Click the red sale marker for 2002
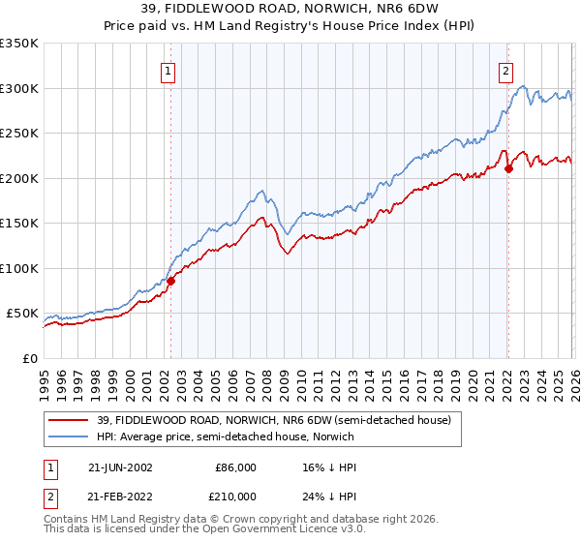coord(171,281)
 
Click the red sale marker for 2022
coord(508,168)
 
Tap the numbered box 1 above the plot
coord(168,70)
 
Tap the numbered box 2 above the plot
coord(505,70)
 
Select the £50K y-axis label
coord(21,314)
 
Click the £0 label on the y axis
coord(29,359)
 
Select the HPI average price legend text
coord(225,437)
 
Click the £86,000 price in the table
coord(235,467)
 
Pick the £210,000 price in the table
coord(235,497)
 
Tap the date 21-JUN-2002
coord(120,467)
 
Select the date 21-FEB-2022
coord(120,497)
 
